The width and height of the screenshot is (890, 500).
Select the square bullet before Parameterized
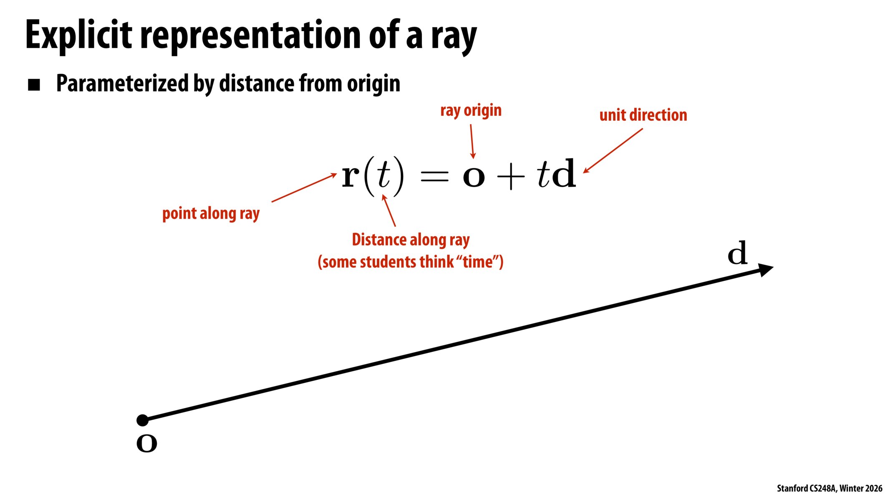pyautogui.click(x=34, y=85)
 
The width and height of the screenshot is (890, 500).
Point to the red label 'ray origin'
pyautogui.click(x=471, y=111)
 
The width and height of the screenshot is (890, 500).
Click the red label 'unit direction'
pyautogui.click(x=643, y=115)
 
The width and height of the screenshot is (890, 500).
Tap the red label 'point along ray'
pyautogui.click(x=211, y=214)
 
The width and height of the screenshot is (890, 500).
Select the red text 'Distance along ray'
pyautogui.click(x=411, y=240)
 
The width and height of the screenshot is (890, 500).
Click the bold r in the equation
pyautogui.click(x=350, y=176)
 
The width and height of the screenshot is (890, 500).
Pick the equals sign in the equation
pyautogui.click(x=434, y=177)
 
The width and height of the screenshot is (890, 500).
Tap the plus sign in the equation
pyautogui.click(x=510, y=177)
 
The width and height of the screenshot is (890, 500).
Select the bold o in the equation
pyautogui.click(x=474, y=177)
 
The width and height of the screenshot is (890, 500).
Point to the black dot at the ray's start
pyautogui.click(x=143, y=420)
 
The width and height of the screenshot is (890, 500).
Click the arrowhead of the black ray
pyautogui.click(x=765, y=270)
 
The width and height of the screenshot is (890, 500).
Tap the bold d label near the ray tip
pyautogui.click(x=737, y=253)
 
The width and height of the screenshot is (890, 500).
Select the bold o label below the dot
pyautogui.click(x=146, y=443)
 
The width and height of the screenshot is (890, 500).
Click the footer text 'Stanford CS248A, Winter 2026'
pyautogui.click(x=829, y=488)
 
